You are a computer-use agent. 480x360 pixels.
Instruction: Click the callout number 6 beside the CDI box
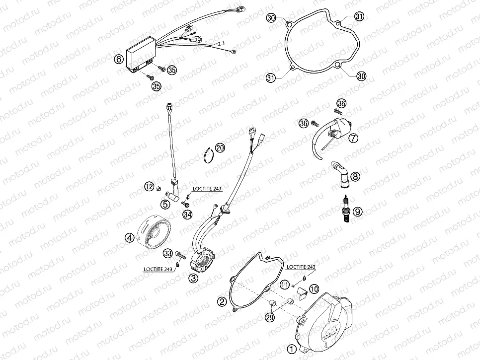click(x=118, y=59)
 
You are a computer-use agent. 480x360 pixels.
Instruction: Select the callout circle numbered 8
click(x=355, y=176)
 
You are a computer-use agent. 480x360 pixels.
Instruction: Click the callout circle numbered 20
click(x=220, y=147)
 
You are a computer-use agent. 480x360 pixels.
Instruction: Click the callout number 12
click(x=149, y=186)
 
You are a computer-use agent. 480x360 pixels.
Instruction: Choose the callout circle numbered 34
click(x=187, y=215)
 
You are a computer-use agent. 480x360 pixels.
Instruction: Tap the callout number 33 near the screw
click(x=167, y=253)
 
